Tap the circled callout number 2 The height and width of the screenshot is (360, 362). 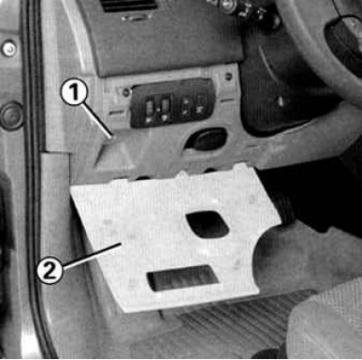click(50, 270)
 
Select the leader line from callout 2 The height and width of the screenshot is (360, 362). click(91, 255)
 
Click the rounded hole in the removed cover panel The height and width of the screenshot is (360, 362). click(207, 224)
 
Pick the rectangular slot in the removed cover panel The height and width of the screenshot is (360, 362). click(182, 278)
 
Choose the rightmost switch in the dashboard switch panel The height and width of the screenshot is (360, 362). click(200, 106)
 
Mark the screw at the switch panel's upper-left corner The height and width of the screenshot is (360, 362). click(126, 91)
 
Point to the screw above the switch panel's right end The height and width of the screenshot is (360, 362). click(228, 76)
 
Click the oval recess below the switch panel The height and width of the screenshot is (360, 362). click(205, 138)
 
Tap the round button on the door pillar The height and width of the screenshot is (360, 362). click(12, 116)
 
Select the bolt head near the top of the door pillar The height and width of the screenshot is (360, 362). click(9, 48)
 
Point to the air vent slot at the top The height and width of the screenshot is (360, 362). click(129, 5)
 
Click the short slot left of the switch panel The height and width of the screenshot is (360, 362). click(116, 113)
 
